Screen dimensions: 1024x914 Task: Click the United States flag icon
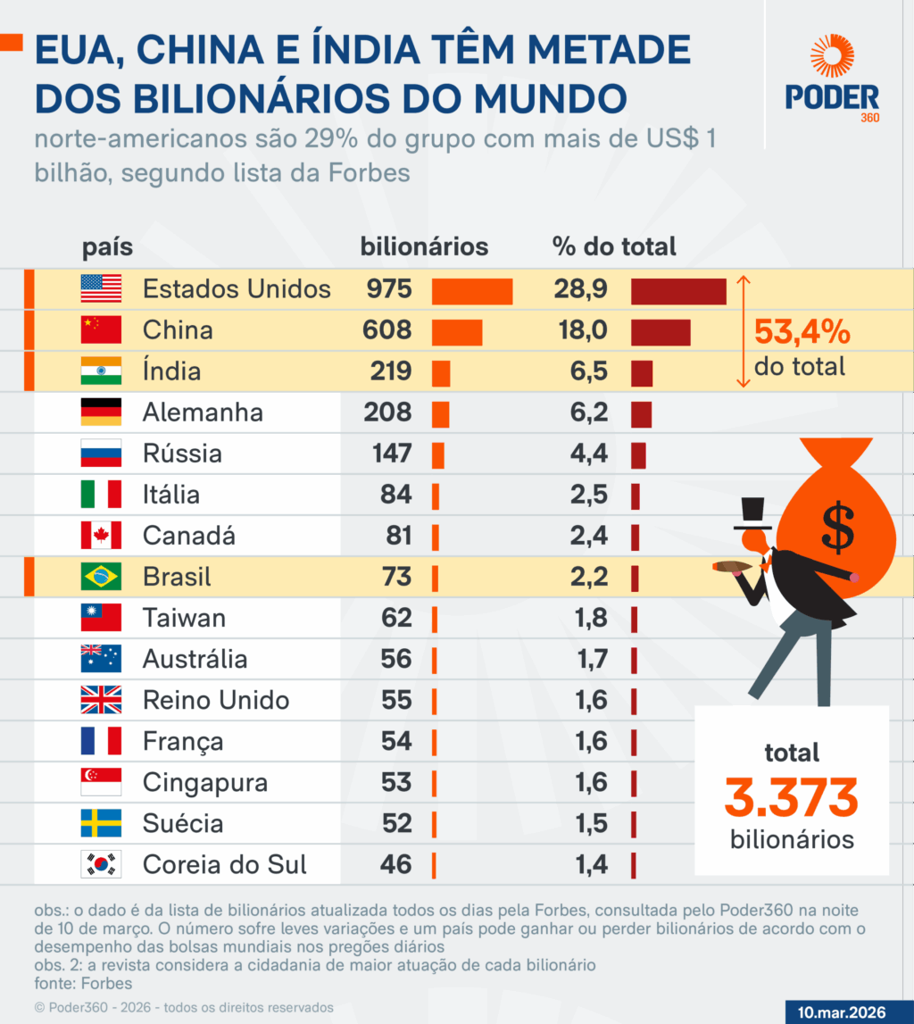tap(101, 288)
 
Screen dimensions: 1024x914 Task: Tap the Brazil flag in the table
tap(101, 577)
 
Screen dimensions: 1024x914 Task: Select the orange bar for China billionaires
tap(457, 331)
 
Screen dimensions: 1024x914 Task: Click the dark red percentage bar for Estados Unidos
tap(678, 290)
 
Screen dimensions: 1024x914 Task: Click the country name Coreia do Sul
tap(225, 864)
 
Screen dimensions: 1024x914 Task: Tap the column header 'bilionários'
tap(424, 246)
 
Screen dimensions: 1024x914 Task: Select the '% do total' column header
tap(613, 246)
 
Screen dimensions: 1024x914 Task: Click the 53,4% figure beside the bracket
tap(802, 332)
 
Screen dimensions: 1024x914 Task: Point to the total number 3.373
tap(791, 797)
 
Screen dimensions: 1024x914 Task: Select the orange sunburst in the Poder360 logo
tap(832, 57)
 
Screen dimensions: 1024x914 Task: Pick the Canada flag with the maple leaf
tap(101, 536)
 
